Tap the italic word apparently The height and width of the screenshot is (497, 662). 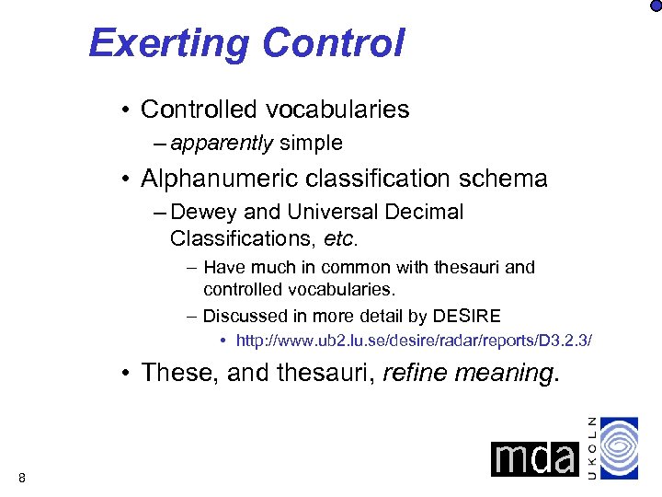coord(222,144)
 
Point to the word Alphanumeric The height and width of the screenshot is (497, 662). coord(226,179)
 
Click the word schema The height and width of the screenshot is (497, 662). coord(505,179)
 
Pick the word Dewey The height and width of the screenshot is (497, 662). coord(203,213)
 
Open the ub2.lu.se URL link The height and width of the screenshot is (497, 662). coord(414,341)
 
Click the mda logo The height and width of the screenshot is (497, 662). coord(533,458)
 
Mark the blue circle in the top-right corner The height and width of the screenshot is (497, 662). coord(655,6)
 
